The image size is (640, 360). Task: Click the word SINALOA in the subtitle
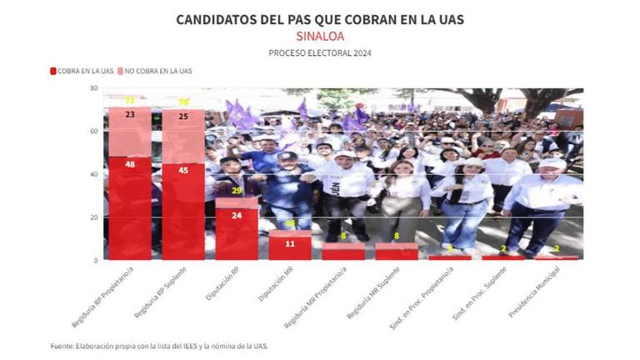click(320, 37)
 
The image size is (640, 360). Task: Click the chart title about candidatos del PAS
click(320, 19)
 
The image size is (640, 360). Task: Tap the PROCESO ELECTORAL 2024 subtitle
click(320, 53)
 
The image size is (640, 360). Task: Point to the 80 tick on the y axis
click(95, 88)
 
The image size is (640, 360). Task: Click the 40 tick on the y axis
click(95, 174)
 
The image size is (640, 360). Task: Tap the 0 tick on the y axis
click(97, 260)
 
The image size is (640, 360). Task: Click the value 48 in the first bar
click(130, 165)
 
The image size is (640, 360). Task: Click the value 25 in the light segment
click(183, 116)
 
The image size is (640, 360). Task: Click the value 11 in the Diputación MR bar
click(290, 244)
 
